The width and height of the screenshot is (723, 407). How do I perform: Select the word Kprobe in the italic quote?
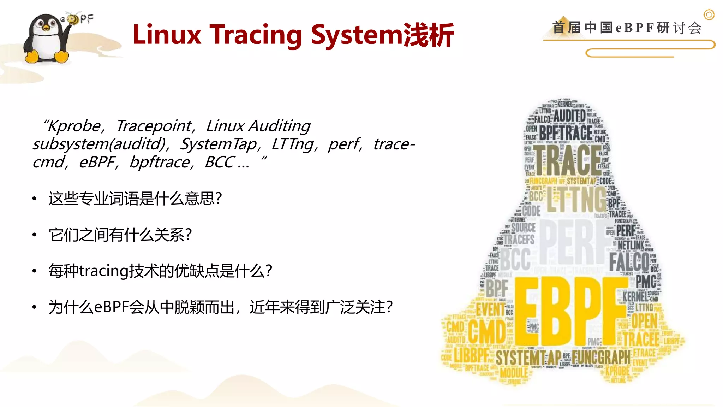click(x=74, y=126)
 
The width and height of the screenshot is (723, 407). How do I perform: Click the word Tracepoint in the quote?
click(x=154, y=126)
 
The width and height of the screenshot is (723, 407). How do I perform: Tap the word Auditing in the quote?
click(x=280, y=126)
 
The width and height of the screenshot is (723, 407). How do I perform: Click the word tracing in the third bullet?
click(x=103, y=271)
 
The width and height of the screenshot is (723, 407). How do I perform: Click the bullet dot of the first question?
click(x=34, y=199)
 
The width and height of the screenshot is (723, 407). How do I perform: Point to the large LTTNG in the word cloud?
click(x=576, y=200)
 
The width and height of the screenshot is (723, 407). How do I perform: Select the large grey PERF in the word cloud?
click(x=572, y=242)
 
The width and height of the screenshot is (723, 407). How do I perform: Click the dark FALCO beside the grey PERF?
click(x=629, y=261)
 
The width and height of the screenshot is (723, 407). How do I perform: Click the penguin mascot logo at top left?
click(x=46, y=39)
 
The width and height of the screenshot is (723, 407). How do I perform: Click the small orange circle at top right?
click(x=709, y=15)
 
